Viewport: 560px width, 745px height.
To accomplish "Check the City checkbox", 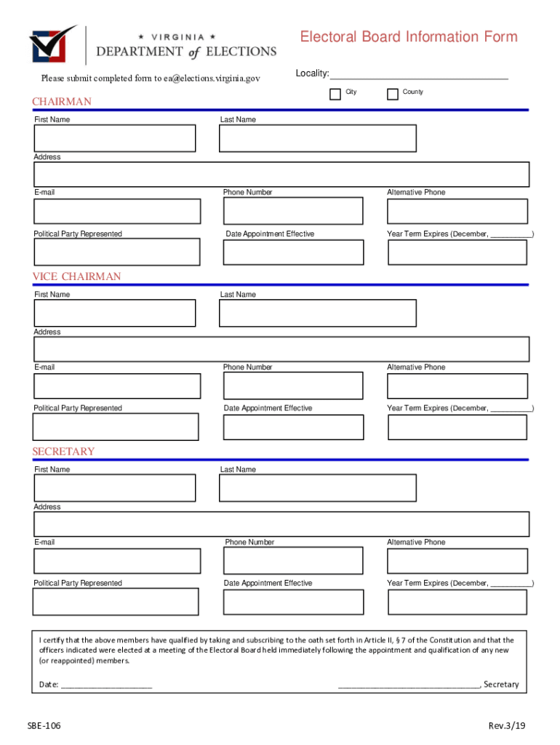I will (335, 94).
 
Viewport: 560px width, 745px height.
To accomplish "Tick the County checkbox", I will (393, 94).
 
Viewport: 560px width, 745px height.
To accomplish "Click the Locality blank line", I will (419, 75).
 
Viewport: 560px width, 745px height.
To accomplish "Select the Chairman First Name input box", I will (115, 138).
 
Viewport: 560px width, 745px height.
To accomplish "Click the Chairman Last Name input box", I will (318, 138).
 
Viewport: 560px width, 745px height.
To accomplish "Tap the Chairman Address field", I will (281, 175).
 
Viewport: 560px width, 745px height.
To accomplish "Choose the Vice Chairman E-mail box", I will (117, 386).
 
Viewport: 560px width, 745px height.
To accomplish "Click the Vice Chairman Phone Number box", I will (293, 386).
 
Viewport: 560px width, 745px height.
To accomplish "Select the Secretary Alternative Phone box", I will (457, 561).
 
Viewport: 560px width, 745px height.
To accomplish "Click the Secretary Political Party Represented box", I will (116, 602).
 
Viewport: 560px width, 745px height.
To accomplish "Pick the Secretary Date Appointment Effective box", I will (293, 602).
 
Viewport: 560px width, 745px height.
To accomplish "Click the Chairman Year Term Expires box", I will (457, 252).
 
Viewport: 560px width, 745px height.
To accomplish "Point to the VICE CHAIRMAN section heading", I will (76, 276).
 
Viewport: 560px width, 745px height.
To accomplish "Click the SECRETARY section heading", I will (63, 452).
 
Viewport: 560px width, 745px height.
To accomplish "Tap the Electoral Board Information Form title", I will (409, 37).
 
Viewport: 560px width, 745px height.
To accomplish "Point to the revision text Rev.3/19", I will (506, 726).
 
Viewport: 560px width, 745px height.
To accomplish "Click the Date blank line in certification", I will (106, 685).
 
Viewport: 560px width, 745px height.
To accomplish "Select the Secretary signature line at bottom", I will (409, 685).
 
